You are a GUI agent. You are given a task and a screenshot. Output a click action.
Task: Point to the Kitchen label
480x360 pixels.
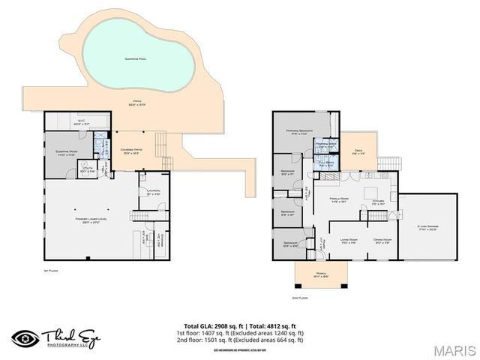(x=378, y=200)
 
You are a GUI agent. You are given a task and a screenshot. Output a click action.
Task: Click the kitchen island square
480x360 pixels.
(x=370, y=191)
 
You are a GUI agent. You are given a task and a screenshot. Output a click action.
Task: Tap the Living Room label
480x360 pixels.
(x=347, y=241)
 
